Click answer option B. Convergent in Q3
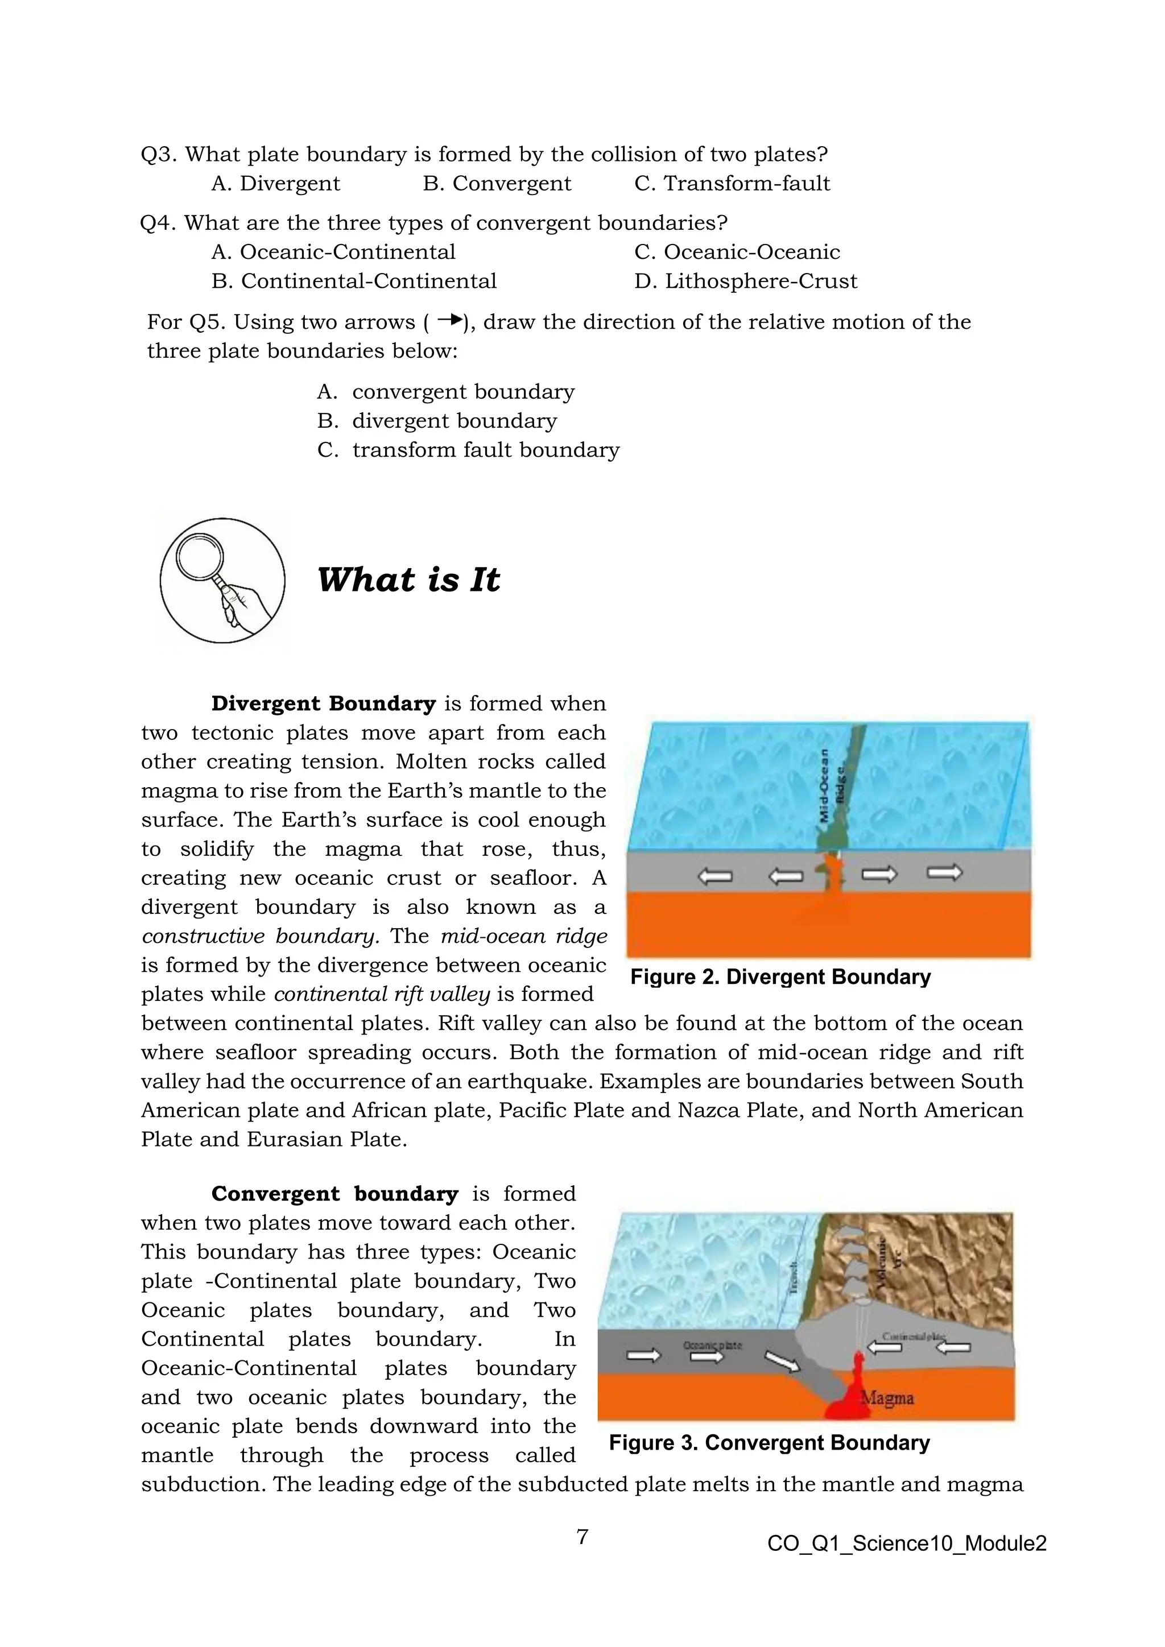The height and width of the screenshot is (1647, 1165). tap(497, 184)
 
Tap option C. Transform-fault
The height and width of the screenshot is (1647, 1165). tap(732, 184)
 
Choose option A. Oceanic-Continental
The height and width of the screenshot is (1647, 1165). tap(333, 253)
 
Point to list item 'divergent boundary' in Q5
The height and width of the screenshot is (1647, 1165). tap(454, 421)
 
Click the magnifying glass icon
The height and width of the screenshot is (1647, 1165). tap(222, 580)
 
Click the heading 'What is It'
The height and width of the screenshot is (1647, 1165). tap(408, 580)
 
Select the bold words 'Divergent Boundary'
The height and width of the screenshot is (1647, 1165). tap(324, 704)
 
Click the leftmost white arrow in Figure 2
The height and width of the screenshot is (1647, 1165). tap(714, 876)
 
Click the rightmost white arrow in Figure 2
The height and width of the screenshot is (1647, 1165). tap(944, 873)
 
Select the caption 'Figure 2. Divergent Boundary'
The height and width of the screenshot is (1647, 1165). tap(780, 977)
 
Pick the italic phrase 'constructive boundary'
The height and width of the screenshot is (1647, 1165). tap(259, 937)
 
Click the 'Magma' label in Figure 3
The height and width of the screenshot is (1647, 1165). tap(887, 1398)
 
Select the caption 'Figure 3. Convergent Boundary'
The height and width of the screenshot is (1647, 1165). tap(769, 1443)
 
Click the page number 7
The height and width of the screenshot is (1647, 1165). tap(582, 1537)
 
